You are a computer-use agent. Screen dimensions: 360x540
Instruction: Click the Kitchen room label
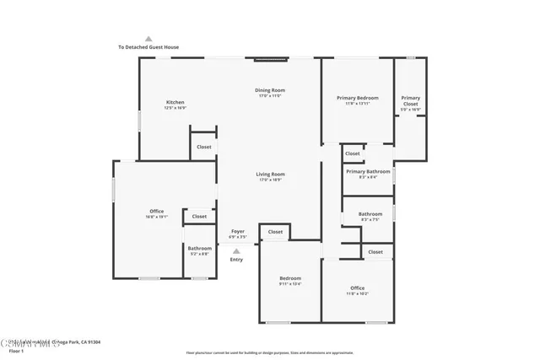pos(175,102)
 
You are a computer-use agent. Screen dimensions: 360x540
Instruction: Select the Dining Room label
pos(270,90)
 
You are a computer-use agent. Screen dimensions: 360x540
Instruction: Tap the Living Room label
pos(270,175)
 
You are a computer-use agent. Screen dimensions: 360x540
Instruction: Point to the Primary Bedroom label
pos(357,98)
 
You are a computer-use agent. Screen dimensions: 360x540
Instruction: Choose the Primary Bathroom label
pos(368,171)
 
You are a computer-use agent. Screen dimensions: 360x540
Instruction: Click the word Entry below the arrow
pos(236,259)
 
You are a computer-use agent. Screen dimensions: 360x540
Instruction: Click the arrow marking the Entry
pos(236,250)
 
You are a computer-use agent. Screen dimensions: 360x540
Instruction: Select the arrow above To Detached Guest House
pos(148,39)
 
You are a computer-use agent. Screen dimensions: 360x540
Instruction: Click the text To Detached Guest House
pos(148,47)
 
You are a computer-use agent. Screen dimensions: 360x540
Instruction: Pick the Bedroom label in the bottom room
pos(290,278)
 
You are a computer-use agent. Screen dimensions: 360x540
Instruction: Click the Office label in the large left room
pos(156,211)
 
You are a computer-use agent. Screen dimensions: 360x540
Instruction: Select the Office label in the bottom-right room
pos(357,287)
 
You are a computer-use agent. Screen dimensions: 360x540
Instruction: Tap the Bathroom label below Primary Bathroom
pos(370,213)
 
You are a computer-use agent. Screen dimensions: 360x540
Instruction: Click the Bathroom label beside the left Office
pos(200,248)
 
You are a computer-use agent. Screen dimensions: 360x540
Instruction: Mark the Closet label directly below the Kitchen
pos(203,147)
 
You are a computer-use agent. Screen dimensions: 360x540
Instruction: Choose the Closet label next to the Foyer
pos(275,232)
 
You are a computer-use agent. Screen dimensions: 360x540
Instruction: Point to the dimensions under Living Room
pos(270,180)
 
